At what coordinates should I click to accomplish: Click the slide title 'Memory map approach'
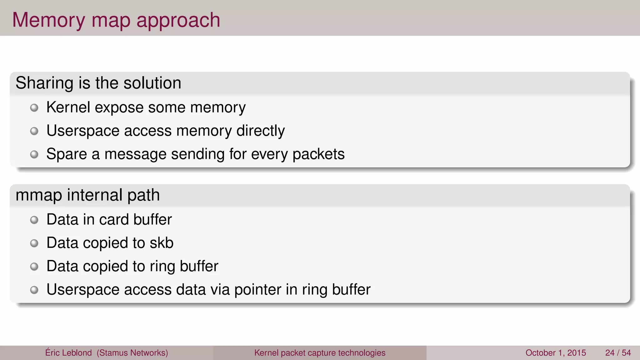pos(116,20)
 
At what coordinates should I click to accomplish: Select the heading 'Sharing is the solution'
pos(98,83)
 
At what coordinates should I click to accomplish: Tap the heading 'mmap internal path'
pos(87,195)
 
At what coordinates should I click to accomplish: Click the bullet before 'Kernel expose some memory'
pos(34,108)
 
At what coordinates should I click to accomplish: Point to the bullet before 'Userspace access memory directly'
pos(34,131)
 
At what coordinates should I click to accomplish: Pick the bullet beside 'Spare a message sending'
pos(34,154)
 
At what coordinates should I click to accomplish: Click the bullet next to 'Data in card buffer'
pos(34,220)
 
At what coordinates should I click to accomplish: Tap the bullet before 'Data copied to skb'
pos(34,243)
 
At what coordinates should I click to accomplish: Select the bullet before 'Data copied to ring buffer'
pos(34,267)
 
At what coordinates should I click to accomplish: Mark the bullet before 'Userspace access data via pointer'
pos(34,290)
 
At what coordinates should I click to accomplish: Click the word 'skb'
pos(161,243)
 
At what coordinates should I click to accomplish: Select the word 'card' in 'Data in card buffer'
pos(114,220)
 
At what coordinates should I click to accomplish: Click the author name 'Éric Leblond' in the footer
pos(68,353)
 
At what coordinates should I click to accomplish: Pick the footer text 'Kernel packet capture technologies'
pos(320,353)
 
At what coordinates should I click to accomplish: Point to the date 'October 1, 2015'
pos(556,353)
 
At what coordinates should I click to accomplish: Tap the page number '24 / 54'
pos(618,353)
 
